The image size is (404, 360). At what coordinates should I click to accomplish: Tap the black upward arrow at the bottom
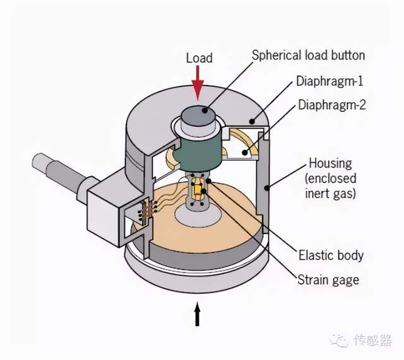coord(198,315)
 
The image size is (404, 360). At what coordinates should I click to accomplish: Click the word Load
coord(199,58)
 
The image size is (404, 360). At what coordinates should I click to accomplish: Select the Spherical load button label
coord(308,55)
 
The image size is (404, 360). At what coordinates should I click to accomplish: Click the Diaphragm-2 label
coord(331,105)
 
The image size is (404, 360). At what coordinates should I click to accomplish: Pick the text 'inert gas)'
coord(332,194)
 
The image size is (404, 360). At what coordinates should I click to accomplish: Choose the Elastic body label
coord(331,255)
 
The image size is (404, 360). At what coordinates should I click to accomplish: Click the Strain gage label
coord(328,279)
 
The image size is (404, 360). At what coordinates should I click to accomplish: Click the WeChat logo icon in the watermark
coord(341,340)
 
